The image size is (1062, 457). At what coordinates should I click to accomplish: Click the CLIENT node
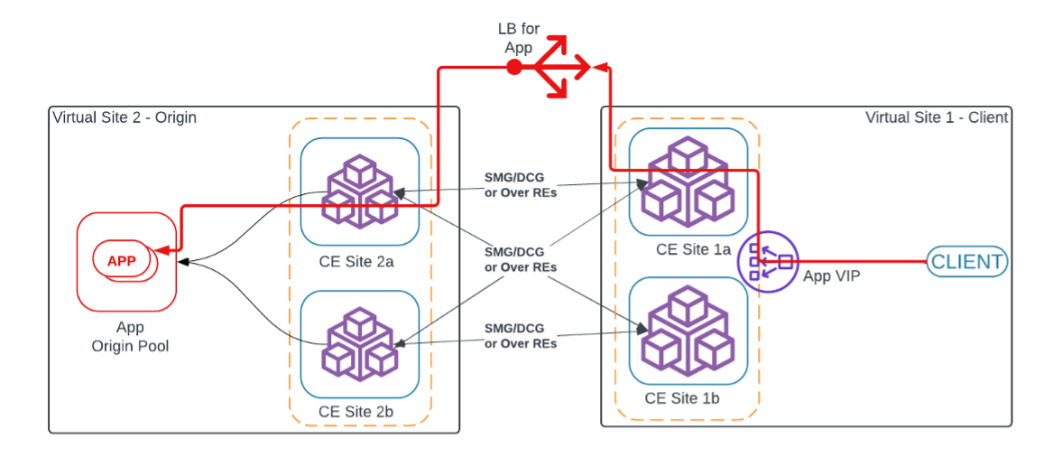966,262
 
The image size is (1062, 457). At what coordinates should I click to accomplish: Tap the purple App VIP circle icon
768,261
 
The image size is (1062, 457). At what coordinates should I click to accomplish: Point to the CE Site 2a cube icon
360,191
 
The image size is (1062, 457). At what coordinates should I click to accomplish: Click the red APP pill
122,261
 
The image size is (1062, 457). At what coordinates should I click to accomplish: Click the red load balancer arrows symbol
560,67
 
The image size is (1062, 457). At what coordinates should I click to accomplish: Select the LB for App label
519,39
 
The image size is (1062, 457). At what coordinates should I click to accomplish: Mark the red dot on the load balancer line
513,68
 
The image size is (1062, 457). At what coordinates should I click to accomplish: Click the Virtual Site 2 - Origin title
125,117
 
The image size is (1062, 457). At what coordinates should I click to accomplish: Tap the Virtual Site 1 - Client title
937,117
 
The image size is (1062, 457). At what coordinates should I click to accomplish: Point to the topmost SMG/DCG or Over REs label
521,184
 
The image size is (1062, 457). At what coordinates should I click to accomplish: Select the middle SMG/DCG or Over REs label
521,260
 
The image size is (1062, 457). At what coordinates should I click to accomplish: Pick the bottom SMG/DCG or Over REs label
521,336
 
